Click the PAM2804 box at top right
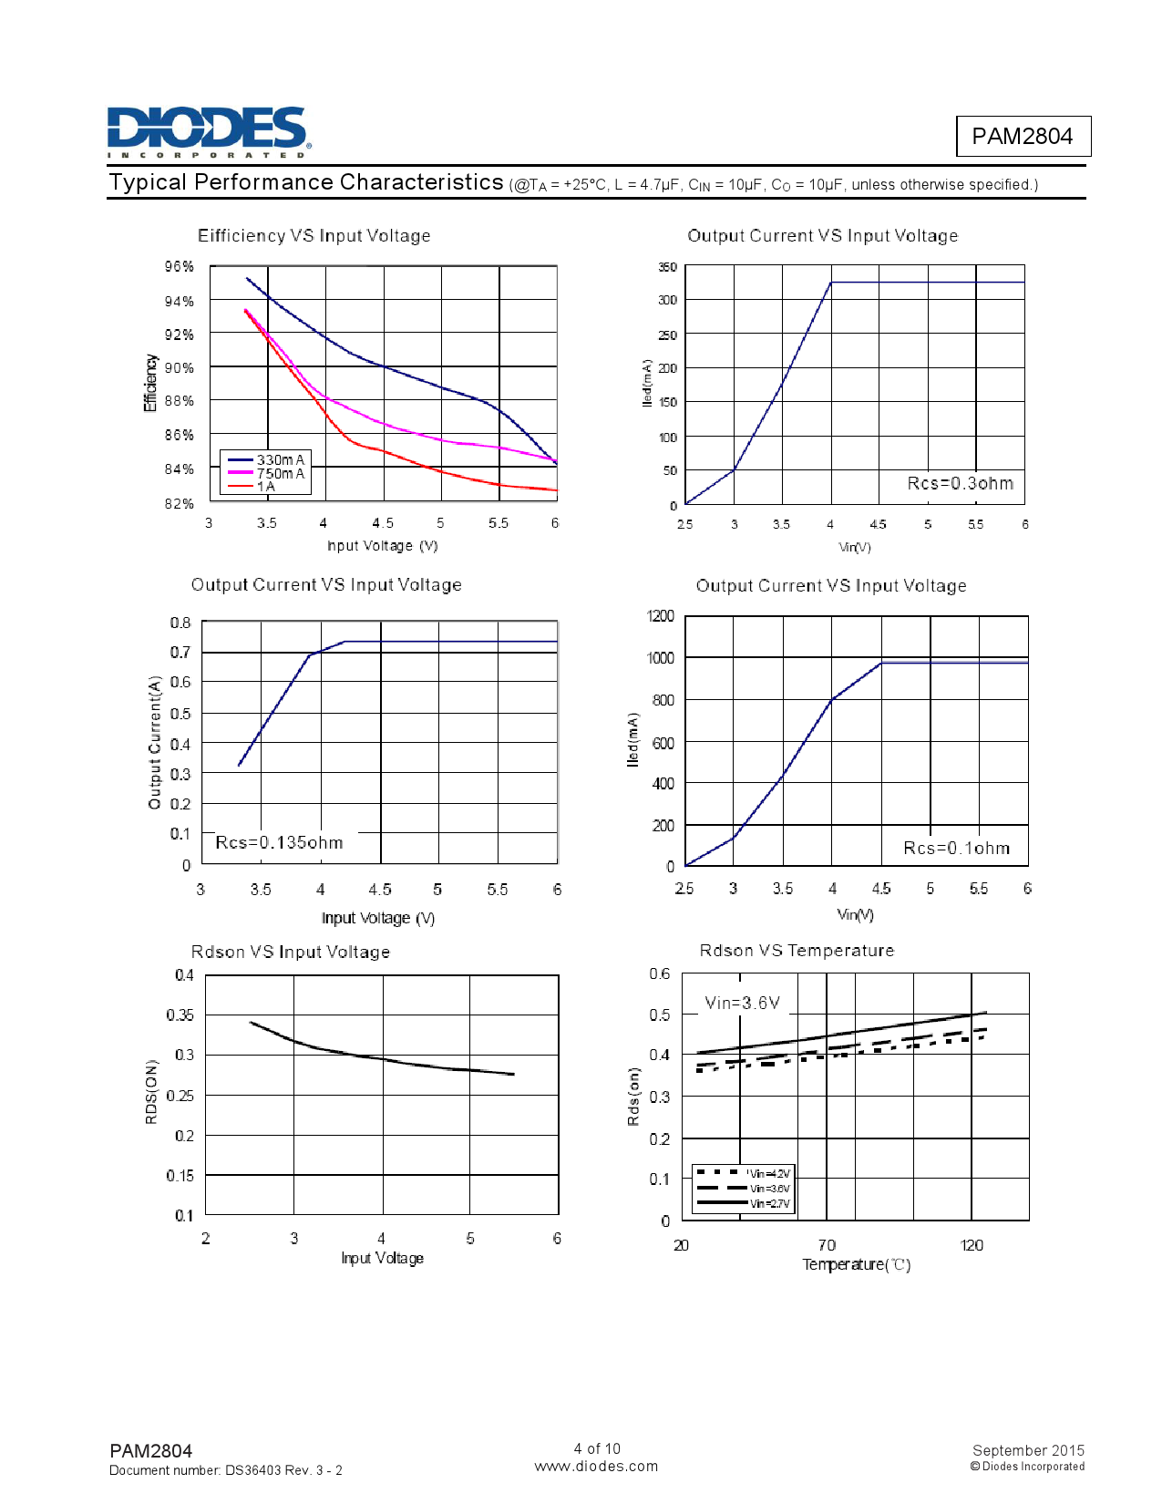pyautogui.click(x=1022, y=137)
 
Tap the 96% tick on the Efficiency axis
pyautogui.click(x=180, y=266)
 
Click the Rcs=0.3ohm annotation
pyautogui.click(x=960, y=483)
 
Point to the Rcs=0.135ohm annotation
pyautogui.click(x=279, y=843)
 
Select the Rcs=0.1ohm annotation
pyautogui.click(x=956, y=848)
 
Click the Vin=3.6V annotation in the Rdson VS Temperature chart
pyautogui.click(x=742, y=1003)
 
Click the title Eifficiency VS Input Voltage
pyautogui.click(x=314, y=236)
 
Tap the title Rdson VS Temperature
pyautogui.click(x=796, y=951)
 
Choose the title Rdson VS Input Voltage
pyautogui.click(x=290, y=952)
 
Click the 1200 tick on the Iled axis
pyautogui.click(x=661, y=616)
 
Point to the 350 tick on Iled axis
pyautogui.click(x=667, y=267)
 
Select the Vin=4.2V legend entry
pyautogui.click(x=768, y=1174)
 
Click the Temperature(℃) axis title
pyautogui.click(x=856, y=1264)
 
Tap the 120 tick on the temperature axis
pyautogui.click(x=972, y=1245)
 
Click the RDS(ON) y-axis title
pyautogui.click(x=151, y=1091)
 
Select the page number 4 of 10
pyautogui.click(x=597, y=1448)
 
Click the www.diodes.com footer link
pyautogui.click(x=596, y=1466)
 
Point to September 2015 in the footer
pyautogui.click(x=1028, y=1450)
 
